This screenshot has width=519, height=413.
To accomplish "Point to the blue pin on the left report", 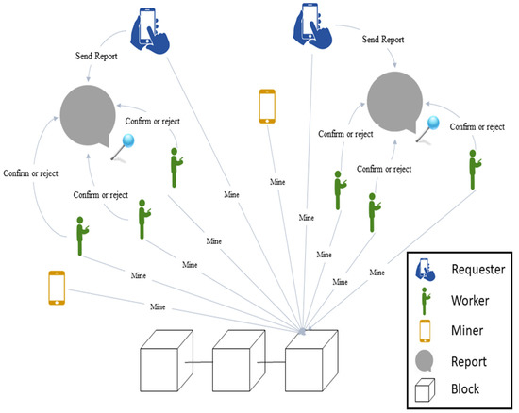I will coord(126,141).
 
